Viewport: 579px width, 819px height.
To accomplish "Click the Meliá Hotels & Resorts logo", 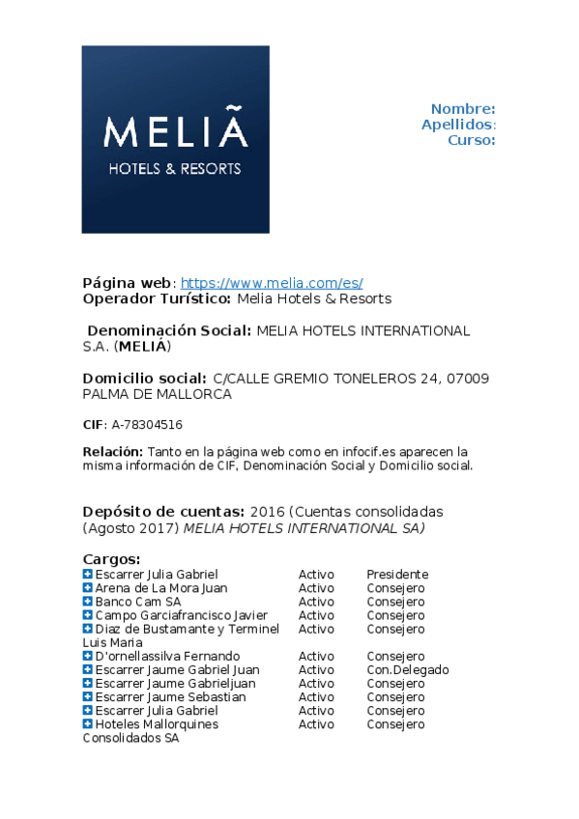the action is point(175,139).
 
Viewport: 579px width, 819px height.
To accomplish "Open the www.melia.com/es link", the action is point(272,283).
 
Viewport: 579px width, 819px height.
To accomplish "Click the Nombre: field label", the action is point(463,109).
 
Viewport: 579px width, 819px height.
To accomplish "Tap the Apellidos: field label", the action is point(458,125).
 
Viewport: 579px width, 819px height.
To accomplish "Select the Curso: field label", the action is point(471,140).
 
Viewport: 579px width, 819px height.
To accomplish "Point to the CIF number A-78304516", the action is point(147,424).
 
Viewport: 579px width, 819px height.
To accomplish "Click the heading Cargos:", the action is point(111,559).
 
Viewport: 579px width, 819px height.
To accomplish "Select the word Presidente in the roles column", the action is point(396,575).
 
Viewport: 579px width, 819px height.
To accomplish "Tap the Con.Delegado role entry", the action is point(407,669).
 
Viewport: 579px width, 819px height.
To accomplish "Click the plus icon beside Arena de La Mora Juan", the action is point(87,588).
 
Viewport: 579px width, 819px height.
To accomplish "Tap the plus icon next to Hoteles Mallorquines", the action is point(87,723).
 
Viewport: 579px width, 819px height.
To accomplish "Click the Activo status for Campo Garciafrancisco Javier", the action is point(316,615).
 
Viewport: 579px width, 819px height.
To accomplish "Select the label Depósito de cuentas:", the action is point(163,511).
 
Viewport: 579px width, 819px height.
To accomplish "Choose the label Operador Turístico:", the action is point(157,298).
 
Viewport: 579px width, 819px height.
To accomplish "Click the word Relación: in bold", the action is point(113,451).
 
